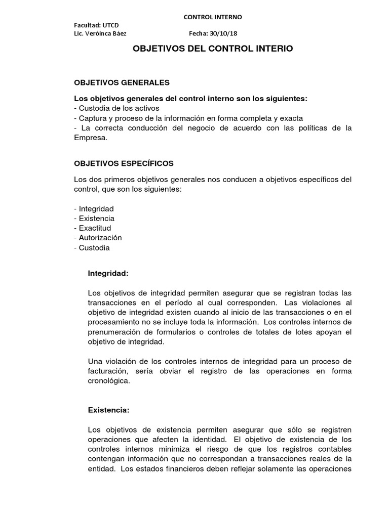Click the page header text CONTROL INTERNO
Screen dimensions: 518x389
212,17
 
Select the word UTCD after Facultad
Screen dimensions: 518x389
110,25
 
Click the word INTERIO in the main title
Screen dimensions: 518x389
270,49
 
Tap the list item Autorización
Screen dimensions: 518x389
100,238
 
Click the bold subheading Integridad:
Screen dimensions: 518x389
108,273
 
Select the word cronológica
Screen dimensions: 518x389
108,381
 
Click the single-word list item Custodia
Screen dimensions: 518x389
94,248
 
